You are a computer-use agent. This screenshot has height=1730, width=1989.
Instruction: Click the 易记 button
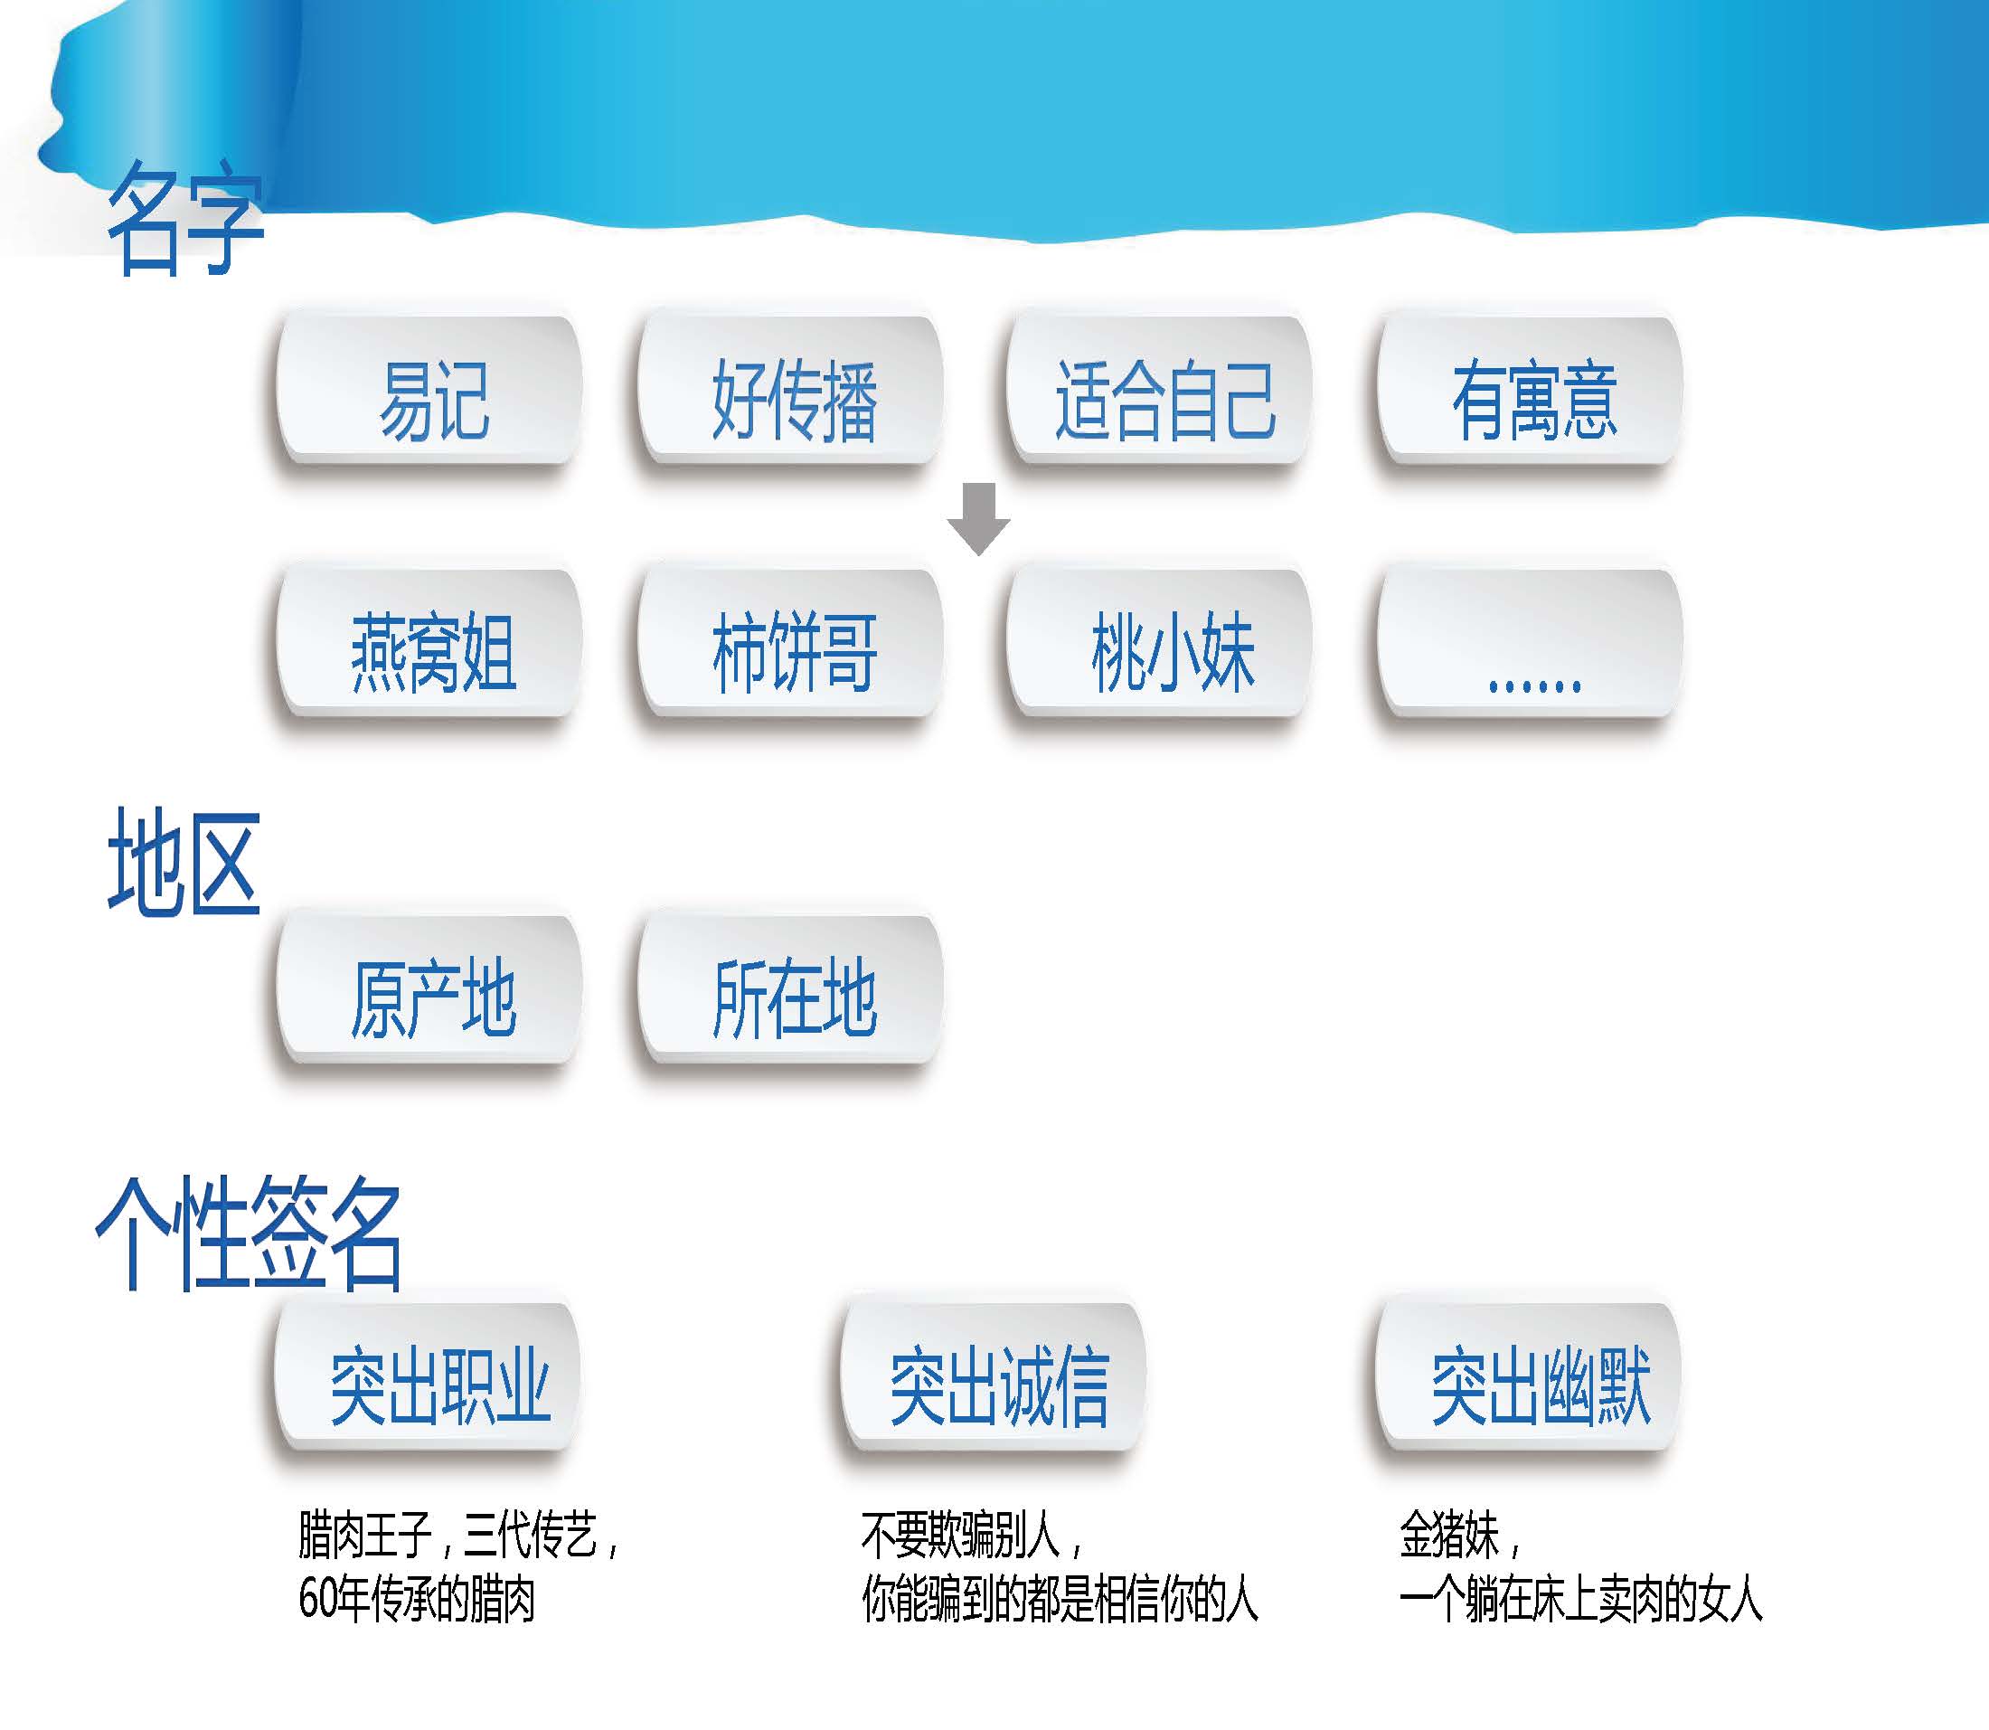click(429, 390)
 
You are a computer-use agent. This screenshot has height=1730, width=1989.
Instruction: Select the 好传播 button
click(790, 390)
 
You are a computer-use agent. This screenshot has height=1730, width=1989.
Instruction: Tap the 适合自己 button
click(1159, 390)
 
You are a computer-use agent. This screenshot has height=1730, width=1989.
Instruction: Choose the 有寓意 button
click(1531, 390)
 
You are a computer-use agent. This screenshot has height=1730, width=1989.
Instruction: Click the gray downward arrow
click(978, 519)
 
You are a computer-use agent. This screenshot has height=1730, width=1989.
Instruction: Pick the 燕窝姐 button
click(429, 643)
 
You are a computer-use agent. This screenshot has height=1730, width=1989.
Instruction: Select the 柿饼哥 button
click(790, 643)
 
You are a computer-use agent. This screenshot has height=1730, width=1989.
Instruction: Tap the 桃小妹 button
click(1159, 643)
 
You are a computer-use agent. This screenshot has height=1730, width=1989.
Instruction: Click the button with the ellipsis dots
click(1531, 643)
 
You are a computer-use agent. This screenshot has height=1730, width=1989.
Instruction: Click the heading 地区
click(184, 862)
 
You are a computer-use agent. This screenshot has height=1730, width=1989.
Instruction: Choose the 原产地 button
click(429, 990)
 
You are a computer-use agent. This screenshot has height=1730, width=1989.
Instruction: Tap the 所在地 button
click(790, 990)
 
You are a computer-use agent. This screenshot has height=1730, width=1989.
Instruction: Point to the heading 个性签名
click(249, 1234)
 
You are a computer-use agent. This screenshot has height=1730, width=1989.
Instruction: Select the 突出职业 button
click(428, 1377)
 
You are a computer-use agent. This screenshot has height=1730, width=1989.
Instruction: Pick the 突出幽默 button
click(1529, 1377)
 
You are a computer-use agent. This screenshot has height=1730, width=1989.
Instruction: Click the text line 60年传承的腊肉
click(417, 1599)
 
